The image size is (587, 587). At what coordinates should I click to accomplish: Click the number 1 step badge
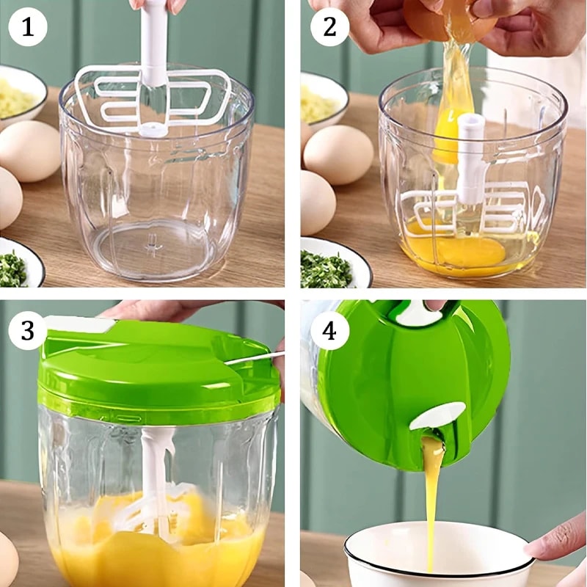[x=27, y=28]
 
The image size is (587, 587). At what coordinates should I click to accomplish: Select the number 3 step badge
[x=27, y=330]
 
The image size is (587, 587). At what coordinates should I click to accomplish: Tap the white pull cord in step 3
[x=253, y=359]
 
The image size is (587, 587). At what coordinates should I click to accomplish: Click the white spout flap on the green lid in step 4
[x=437, y=416]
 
